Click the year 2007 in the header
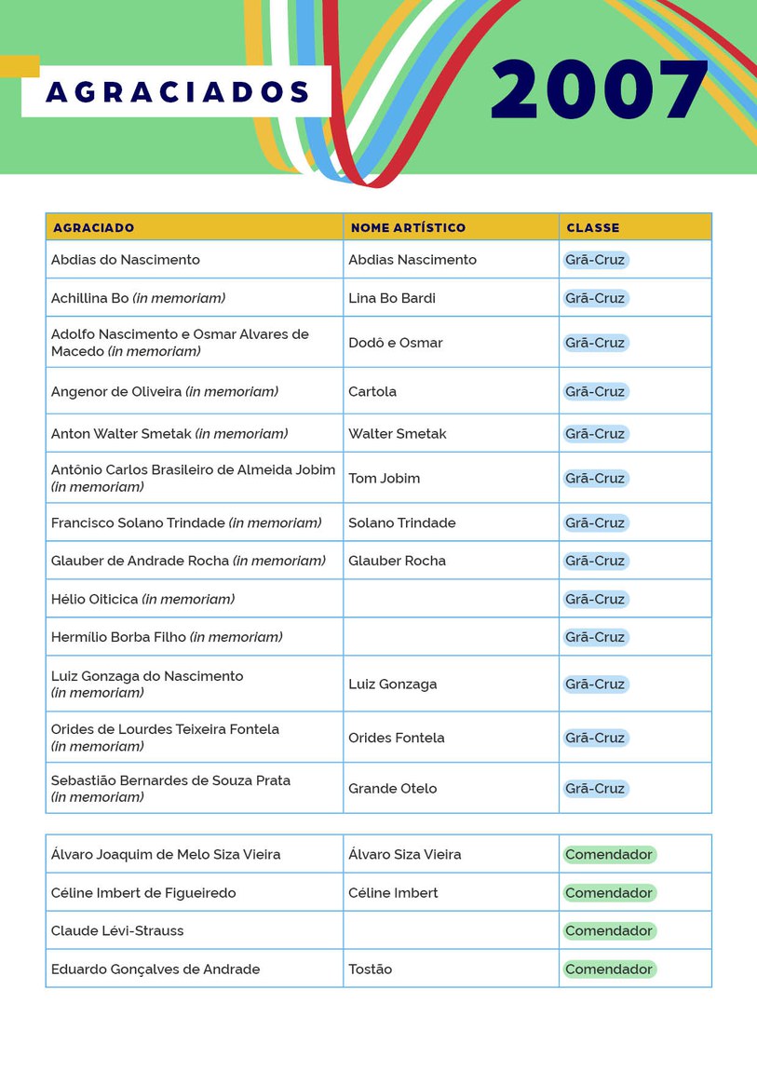pos(600,90)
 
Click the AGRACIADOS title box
pos(177,92)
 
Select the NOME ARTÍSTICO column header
pos(408,227)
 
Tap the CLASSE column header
pos(592,227)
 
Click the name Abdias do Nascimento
pos(126,260)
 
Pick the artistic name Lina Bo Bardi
pos(392,298)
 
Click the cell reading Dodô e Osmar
pos(396,343)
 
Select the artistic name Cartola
pos(372,391)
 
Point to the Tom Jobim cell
pos(385,478)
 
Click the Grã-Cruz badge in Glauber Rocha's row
pos(595,561)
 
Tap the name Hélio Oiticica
pos(95,599)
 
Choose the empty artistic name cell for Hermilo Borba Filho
pos(451,637)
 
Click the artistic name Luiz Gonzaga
pos(392,684)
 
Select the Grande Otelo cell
pos(392,788)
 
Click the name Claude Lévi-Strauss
pos(117,930)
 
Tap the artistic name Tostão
pos(371,969)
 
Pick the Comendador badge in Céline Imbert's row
pos(609,892)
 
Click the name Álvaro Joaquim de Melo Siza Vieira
pos(166,854)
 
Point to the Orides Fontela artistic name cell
pos(397,738)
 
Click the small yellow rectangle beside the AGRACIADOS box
pos(19,66)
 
